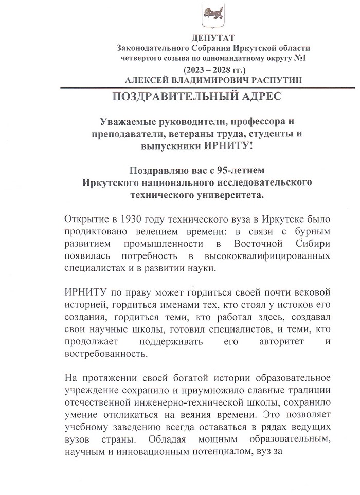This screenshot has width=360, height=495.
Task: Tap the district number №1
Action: point(299,58)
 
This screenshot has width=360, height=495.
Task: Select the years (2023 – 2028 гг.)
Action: point(212,69)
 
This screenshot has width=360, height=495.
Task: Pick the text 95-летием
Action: point(249,170)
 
